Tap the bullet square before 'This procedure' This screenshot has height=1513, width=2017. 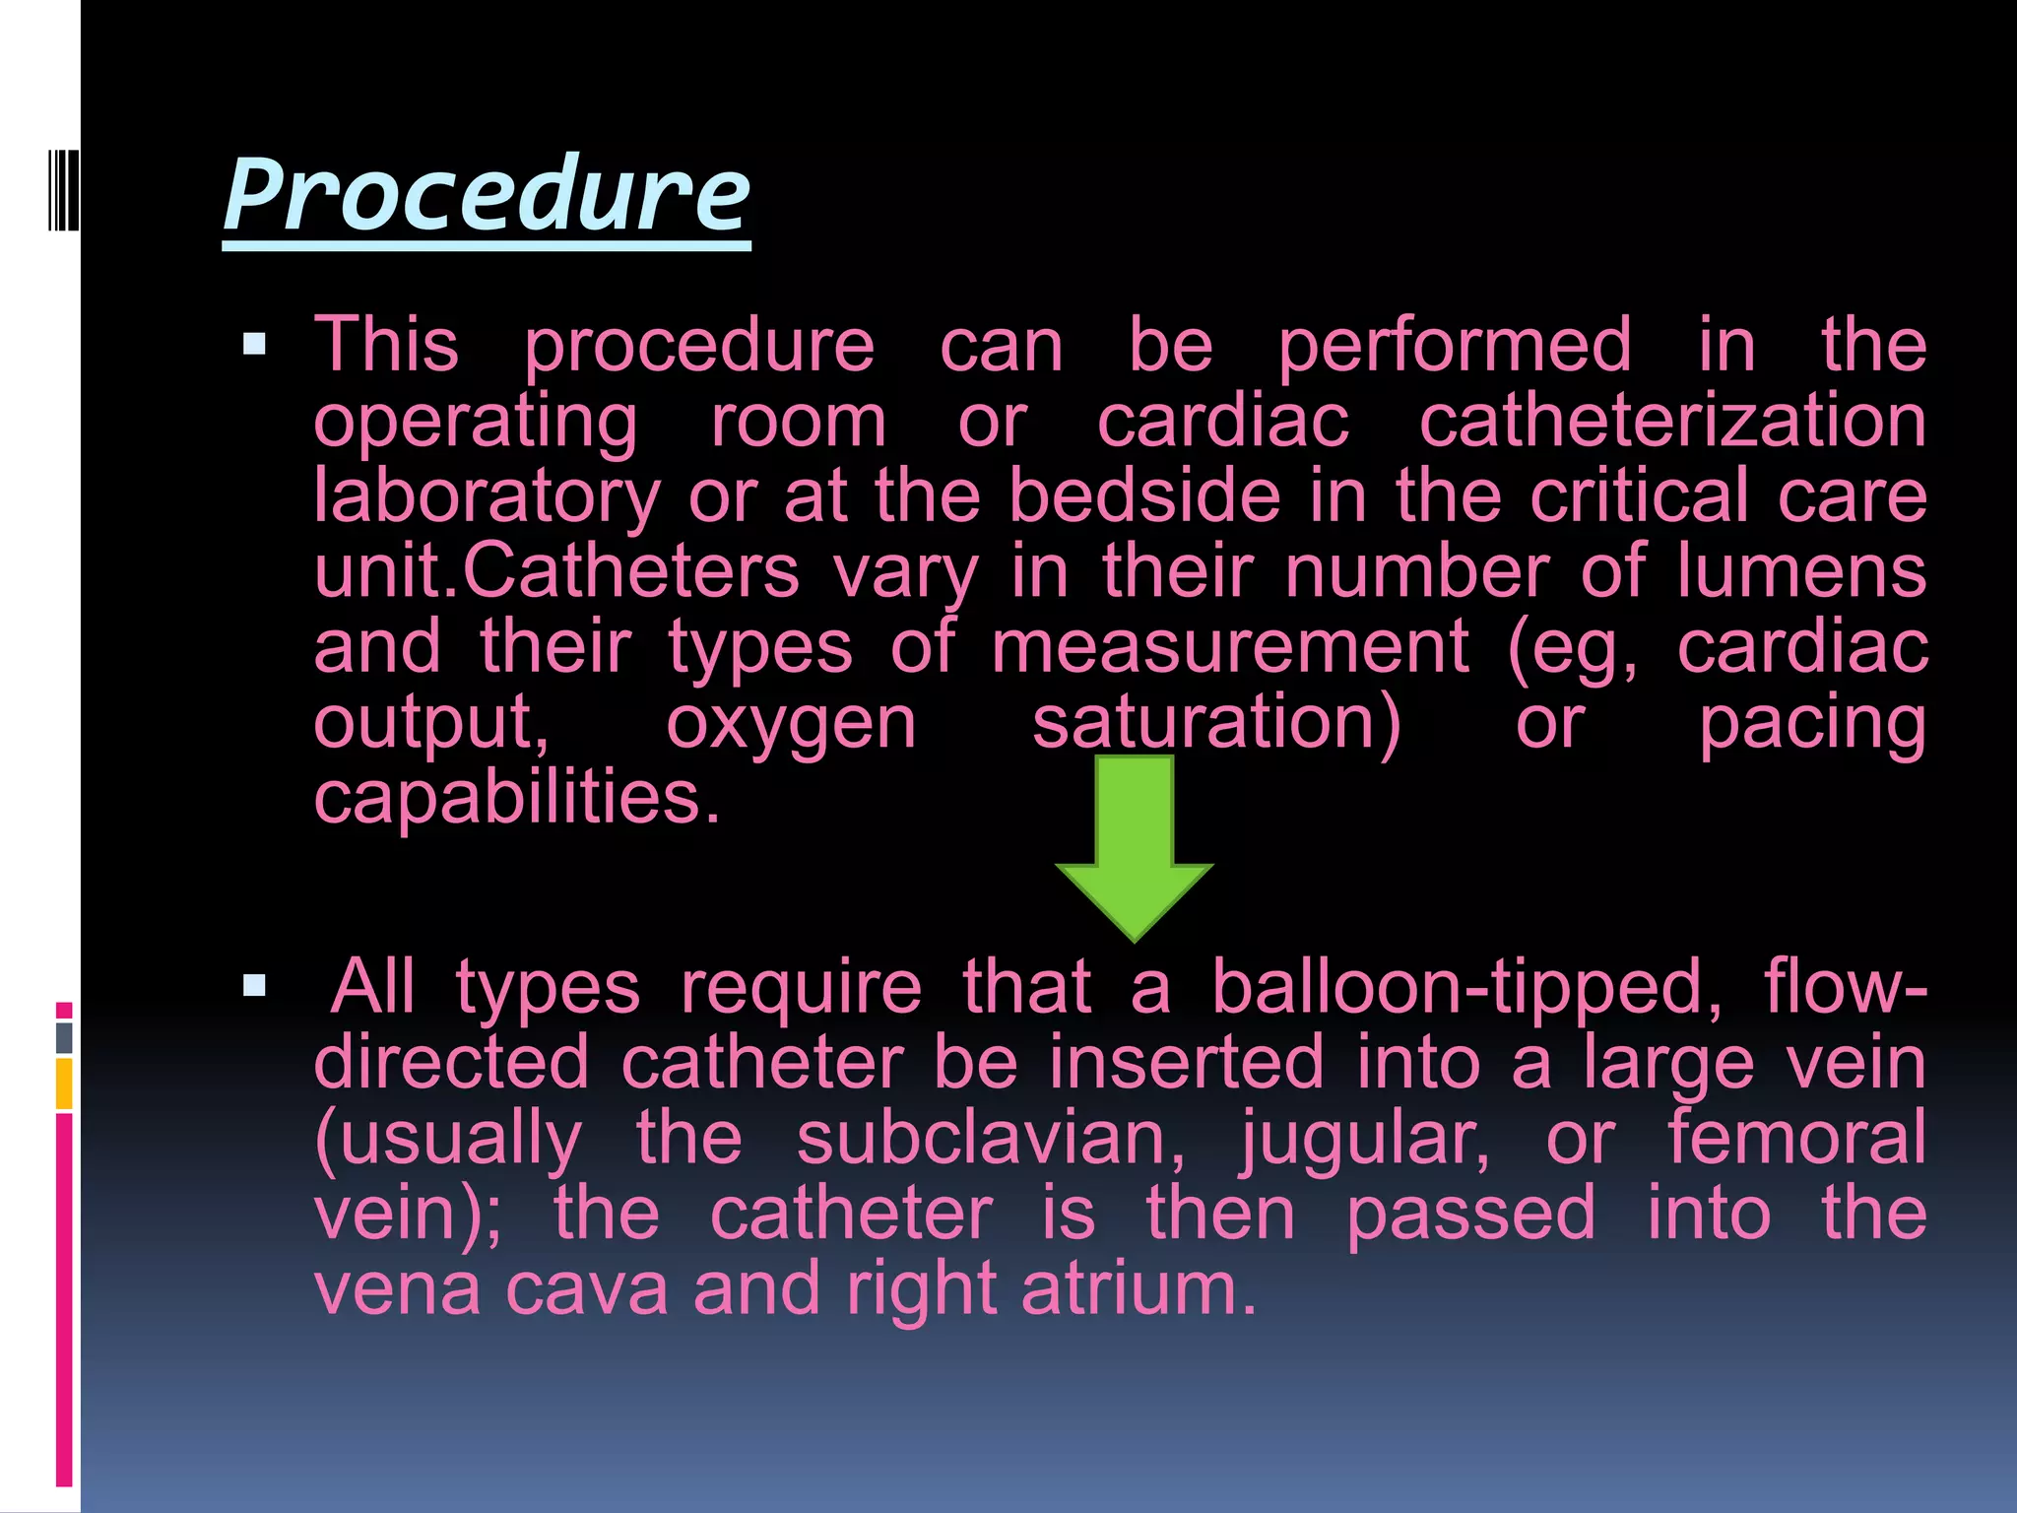(254, 344)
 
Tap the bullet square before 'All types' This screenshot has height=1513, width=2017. (254, 985)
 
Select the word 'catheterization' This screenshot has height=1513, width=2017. (1672, 422)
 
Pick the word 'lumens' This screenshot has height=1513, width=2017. (1801, 571)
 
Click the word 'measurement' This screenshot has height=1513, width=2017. (1231, 647)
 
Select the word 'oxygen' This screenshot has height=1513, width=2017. (791, 724)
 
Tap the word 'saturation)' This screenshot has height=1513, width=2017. (1216, 724)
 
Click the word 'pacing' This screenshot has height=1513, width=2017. (1812, 724)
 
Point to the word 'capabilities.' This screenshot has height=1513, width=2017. (518, 798)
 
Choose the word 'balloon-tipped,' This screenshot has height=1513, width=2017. (1466, 987)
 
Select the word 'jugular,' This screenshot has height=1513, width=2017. (1365, 1139)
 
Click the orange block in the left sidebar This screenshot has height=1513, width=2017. (64, 1084)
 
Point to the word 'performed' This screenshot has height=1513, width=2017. (1455, 346)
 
